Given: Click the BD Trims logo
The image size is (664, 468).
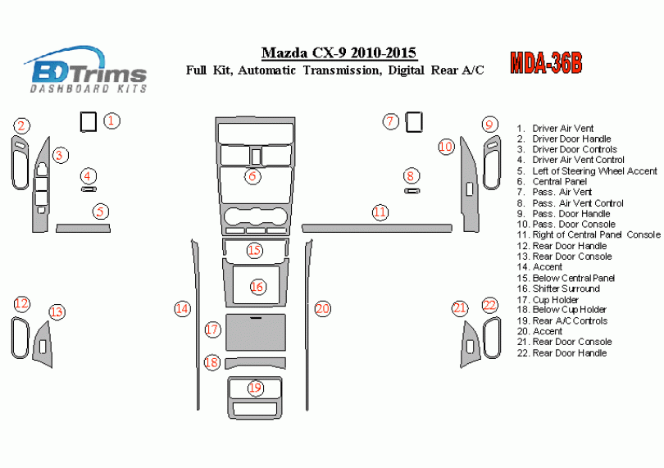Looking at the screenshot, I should [x=86, y=69].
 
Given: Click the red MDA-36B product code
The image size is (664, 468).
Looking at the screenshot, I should [x=546, y=63].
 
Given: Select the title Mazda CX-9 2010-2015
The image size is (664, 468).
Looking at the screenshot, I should [x=339, y=54].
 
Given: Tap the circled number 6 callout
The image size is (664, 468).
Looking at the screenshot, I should [x=253, y=175].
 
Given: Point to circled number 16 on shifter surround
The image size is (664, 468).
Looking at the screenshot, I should [x=257, y=287].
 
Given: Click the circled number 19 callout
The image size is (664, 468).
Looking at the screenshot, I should [x=255, y=388].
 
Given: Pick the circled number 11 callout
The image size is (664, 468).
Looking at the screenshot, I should [x=380, y=211].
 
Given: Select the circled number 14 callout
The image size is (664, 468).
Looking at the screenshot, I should [x=182, y=309].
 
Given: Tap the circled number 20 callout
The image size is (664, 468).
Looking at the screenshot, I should [x=322, y=308].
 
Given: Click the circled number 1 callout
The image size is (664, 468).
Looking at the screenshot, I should [x=112, y=121].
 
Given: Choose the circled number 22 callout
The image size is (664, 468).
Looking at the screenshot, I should [x=489, y=306].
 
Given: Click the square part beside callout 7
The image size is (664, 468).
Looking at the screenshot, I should [x=414, y=122].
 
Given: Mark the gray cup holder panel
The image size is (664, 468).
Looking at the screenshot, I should [x=256, y=333].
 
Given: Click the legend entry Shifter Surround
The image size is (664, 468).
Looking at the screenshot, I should [x=566, y=289].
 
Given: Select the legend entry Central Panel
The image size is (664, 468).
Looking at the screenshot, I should [x=559, y=181].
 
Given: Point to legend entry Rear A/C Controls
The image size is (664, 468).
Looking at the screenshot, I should [x=570, y=320].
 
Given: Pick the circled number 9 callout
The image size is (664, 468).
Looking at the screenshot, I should [x=489, y=125].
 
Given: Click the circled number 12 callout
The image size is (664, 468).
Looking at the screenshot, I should [x=21, y=304].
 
